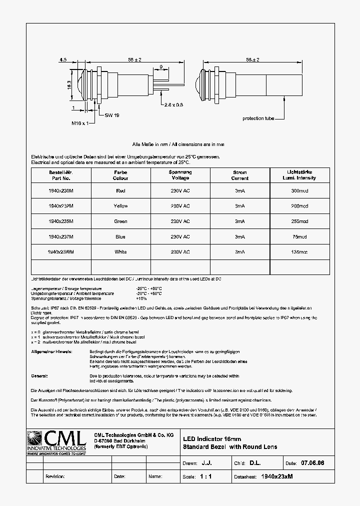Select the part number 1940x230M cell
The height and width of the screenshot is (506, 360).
(x=61, y=190)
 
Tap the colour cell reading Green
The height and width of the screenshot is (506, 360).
(x=120, y=221)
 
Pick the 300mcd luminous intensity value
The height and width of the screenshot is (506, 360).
(x=299, y=190)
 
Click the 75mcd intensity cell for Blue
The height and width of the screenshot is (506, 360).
(x=299, y=237)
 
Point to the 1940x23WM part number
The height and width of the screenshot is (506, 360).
(x=61, y=252)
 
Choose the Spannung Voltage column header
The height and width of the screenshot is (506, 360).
(x=180, y=175)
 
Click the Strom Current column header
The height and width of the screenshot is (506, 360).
(x=240, y=175)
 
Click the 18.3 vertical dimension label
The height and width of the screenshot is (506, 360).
(x=69, y=86)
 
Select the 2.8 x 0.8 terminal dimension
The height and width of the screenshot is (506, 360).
(x=173, y=105)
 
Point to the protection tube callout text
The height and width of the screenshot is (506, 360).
(x=258, y=118)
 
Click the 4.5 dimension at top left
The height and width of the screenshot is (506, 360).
(x=63, y=59)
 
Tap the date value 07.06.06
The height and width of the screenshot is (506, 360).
(x=312, y=463)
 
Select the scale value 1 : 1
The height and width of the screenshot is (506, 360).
(x=206, y=476)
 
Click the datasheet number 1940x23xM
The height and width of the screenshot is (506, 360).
(x=277, y=476)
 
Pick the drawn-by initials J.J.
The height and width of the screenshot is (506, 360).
(x=206, y=463)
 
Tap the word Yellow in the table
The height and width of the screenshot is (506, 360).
(x=120, y=206)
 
